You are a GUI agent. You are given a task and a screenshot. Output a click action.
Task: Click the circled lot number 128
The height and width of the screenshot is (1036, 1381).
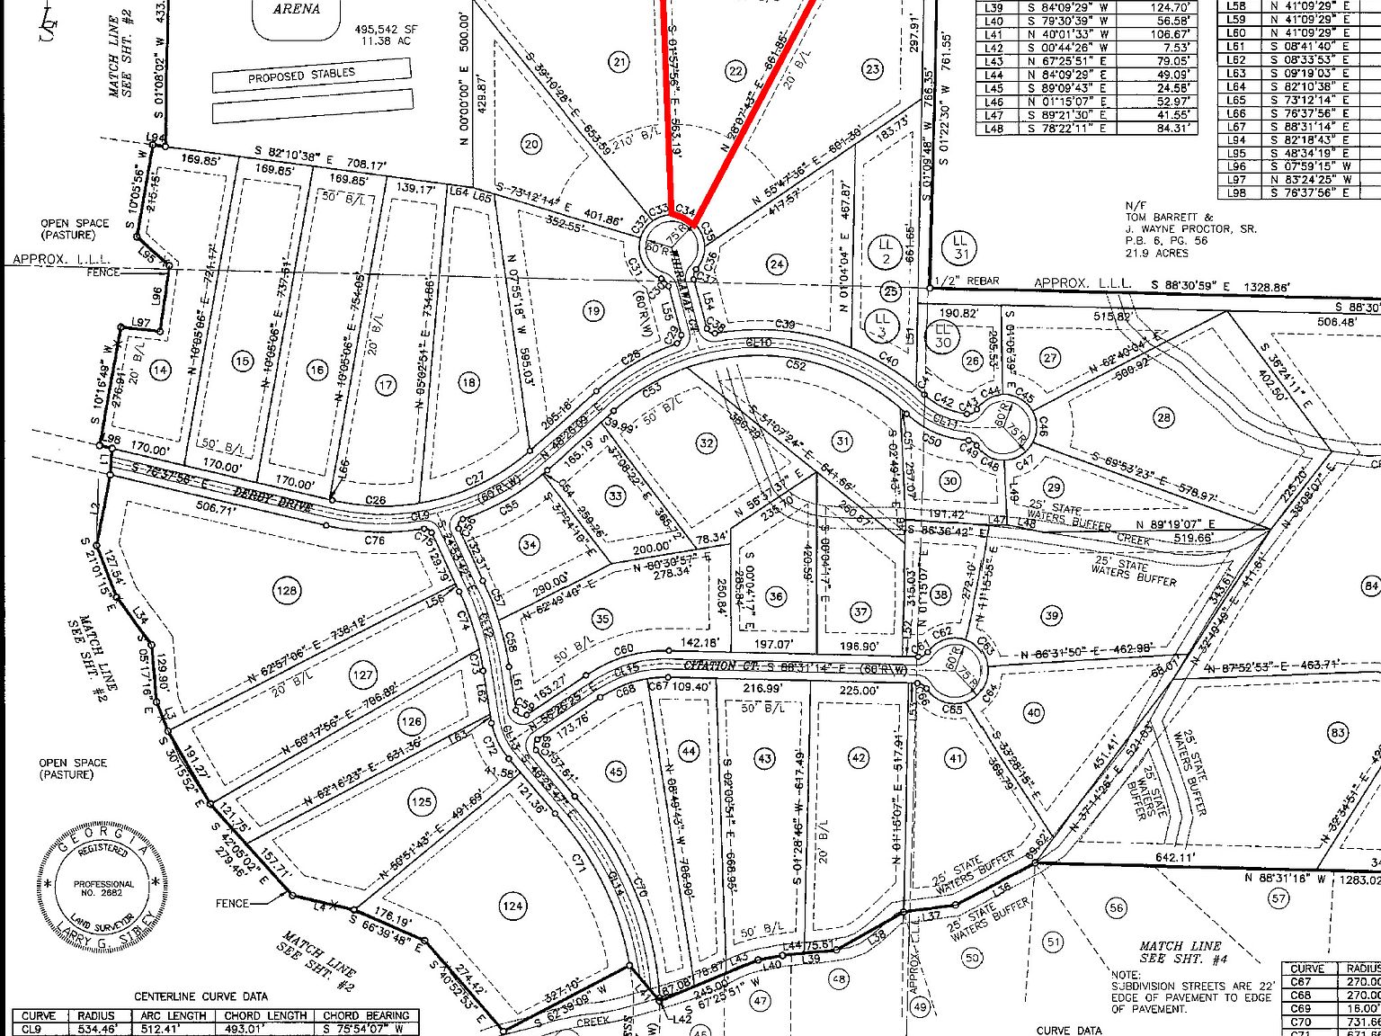point(287,591)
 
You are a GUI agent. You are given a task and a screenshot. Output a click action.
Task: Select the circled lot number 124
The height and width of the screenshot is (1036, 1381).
point(512,906)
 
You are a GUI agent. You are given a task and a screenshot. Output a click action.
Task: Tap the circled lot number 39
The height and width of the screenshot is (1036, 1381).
point(1052,615)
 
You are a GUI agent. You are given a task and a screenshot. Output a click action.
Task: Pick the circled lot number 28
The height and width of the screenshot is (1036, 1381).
point(1164,417)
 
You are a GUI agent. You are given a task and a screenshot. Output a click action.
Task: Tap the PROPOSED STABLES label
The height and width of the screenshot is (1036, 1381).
point(301,75)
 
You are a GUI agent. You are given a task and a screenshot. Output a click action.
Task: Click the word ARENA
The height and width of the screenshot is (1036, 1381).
point(297,9)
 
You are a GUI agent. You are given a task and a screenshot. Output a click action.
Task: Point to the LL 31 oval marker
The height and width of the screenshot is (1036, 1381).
point(960,247)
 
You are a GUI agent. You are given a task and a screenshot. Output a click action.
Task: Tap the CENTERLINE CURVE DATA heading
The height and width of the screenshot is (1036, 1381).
point(200,996)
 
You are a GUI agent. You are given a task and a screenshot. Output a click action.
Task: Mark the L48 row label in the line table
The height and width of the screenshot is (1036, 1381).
point(993,129)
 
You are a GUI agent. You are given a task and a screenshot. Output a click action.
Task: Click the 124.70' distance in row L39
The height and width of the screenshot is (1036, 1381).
point(1169,7)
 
